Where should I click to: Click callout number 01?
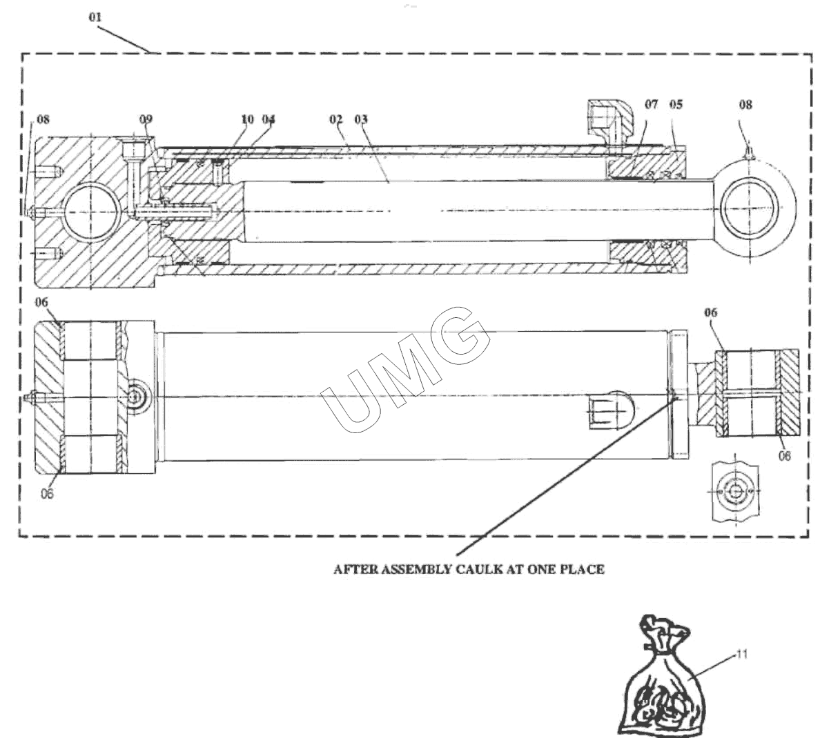point(95,17)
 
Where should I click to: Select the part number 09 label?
point(145,119)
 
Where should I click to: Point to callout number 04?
point(269,119)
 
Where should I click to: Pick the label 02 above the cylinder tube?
point(335,119)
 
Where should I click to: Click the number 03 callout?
point(361,119)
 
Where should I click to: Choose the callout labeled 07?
point(652,105)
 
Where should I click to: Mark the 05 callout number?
point(676,105)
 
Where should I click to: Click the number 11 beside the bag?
point(742,653)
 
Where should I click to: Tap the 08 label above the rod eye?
point(745,105)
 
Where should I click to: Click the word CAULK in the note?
point(473,570)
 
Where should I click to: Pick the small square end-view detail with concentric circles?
point(736,492)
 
